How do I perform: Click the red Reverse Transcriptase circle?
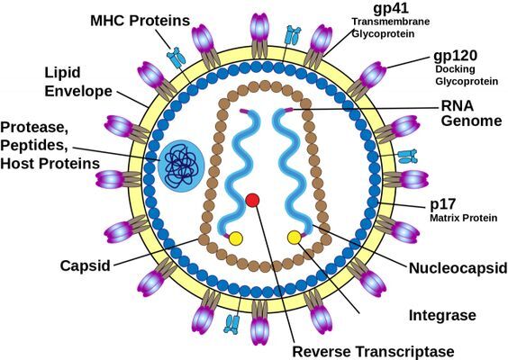(x=252, y=199)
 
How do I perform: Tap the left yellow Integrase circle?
(x=236, y=238)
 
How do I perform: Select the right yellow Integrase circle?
(x=295, y=238)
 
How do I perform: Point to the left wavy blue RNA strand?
(x=232, y=171)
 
